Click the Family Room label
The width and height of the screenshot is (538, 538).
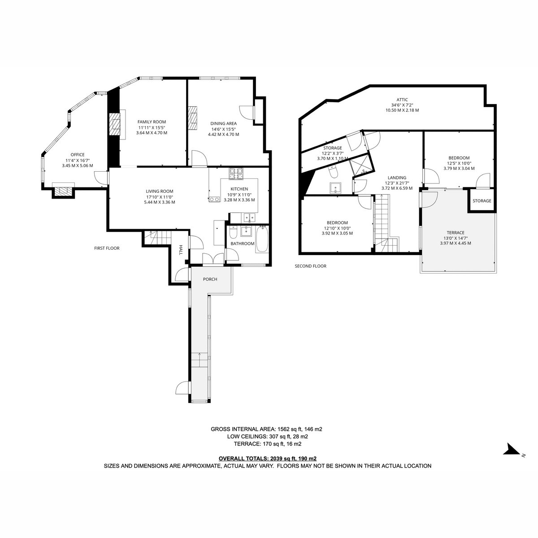[x=152, y=122]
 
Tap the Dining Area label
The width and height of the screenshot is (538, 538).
[x=223, y=123]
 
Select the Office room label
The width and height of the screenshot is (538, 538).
[x=77, y=155]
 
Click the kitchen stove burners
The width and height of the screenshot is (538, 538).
[x=236, y=174]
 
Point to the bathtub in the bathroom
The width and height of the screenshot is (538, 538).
[x=262, y=239]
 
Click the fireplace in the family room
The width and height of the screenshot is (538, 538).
[x=114, y=124]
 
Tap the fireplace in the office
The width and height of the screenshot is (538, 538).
[x=63, y=191]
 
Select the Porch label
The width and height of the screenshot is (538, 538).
[x=210, y=279]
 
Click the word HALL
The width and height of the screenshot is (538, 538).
[x=180, y=250]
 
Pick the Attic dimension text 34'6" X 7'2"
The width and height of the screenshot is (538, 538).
[x=402, y=105]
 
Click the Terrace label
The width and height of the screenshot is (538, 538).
[x=456, y=233]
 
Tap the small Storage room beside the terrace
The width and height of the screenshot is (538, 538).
[x=482, y=201]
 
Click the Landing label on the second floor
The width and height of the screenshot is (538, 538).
[x=397, y=178]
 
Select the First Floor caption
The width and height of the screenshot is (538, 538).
[x=107, y=248]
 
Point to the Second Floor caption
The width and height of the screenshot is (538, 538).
[x=310, y=266]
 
